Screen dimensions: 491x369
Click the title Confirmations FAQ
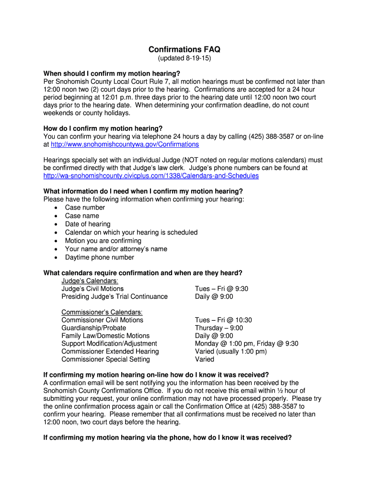point(184,50)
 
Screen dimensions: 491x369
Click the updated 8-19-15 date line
point(184,58)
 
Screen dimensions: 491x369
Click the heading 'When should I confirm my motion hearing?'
point(112,73)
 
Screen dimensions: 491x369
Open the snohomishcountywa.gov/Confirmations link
point(125,144)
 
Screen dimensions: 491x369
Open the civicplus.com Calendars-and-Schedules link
point(151,176)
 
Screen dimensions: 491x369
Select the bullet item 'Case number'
point(85,208)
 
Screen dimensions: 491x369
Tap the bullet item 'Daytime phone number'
point(100,257)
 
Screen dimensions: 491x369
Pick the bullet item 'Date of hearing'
point(88,224)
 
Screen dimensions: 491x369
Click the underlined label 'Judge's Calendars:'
point(90,281)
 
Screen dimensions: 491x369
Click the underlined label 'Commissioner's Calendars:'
point(102,312)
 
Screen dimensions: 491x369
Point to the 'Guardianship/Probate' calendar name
point(93,328)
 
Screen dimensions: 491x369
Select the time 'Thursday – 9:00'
point(219,328)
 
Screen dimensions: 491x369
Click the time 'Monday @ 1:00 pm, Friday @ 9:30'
point(246,344)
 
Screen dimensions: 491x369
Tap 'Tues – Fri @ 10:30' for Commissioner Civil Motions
point(223,320)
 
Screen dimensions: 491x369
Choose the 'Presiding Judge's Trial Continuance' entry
point(115,297)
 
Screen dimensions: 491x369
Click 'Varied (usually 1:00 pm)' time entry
point(231,351)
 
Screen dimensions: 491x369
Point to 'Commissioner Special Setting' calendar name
point(105,359)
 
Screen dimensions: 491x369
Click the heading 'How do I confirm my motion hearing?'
point(103,129)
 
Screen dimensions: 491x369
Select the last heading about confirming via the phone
point(167,438)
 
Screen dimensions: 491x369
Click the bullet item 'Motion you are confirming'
point(103,241)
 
